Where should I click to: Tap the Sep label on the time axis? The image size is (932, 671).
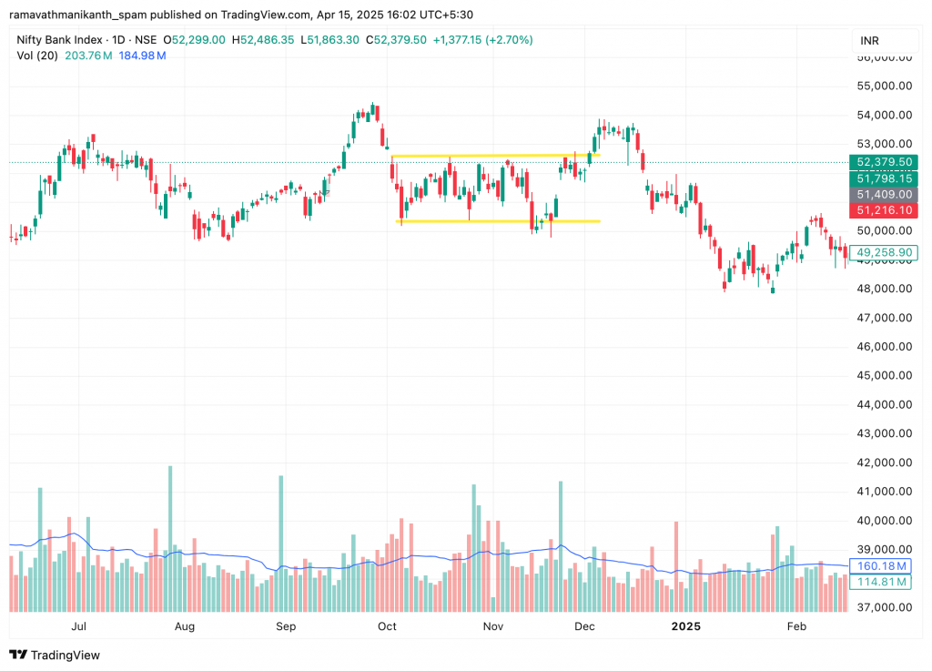pos(286,626)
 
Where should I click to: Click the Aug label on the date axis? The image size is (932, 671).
pos(185,626)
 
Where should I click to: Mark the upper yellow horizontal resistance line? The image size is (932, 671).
pos(491,156)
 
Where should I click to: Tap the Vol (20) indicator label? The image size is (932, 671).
pos(35,56)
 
